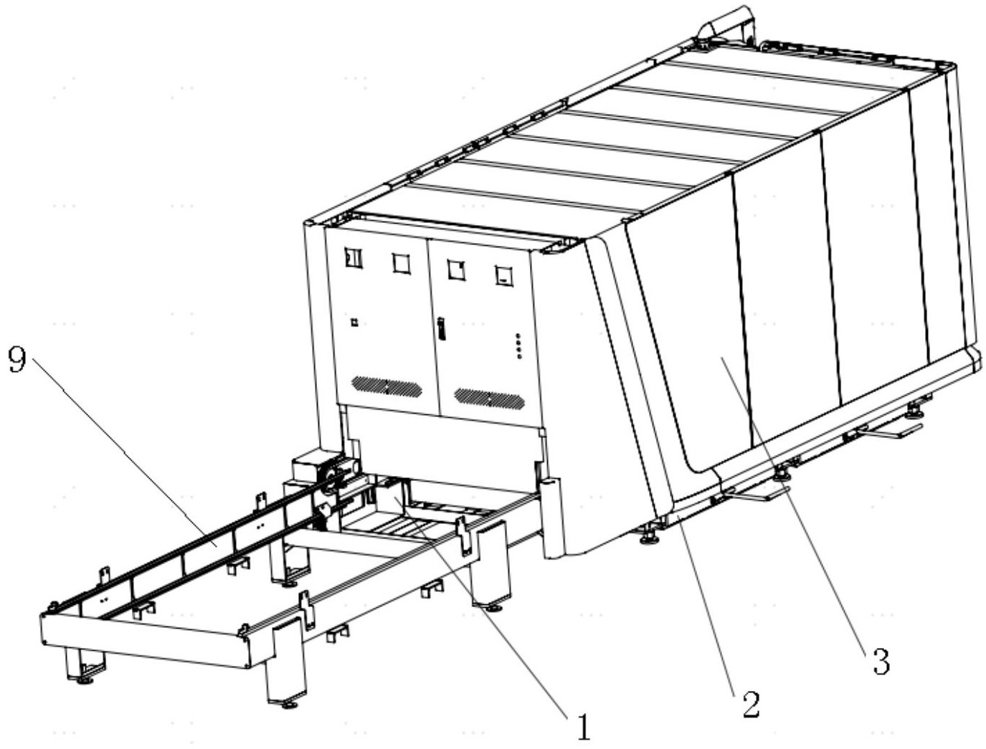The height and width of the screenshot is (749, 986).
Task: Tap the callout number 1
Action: click(x=582, y=725)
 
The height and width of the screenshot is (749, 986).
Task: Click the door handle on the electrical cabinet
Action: click(x=441, y=331)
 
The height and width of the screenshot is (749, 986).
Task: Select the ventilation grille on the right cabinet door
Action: click(x=489, y=398)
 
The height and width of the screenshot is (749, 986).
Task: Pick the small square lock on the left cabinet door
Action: click(x=354, y=323)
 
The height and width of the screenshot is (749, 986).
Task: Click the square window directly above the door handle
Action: click(x=455, y=270)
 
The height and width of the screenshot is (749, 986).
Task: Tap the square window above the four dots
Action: click(x=504, y=275)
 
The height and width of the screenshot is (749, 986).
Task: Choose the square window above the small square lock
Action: click(x=354, y=258)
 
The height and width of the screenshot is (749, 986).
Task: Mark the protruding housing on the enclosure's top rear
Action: click(x=725, y=27)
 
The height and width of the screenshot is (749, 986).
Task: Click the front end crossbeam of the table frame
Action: click(x=143, y=640)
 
